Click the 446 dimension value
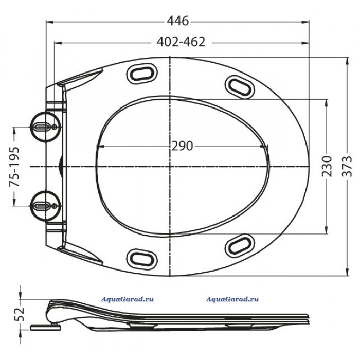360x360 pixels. click(178, 21)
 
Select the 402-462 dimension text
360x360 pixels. click(181, 42)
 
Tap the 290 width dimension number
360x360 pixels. click(182, 146)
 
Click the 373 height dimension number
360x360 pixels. click(347, 166)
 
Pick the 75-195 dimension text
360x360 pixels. click(14, 167)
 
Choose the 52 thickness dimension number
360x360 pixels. click(19, 314)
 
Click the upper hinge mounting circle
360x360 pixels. click(46, 127)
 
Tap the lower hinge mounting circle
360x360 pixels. click(46, 206)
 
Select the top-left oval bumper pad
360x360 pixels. click(142, 74)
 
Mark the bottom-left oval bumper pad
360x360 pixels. click(142, 259)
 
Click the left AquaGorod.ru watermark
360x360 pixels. click(128, 299)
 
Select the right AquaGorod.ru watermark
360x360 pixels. click(232, 299)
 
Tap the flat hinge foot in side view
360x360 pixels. click(46, 327)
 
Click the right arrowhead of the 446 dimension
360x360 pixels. click(305, 22)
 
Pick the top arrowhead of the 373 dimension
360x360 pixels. click(347, 61)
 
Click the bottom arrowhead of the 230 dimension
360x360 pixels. click(326, 230)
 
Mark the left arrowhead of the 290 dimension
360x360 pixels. click(101, 146)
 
